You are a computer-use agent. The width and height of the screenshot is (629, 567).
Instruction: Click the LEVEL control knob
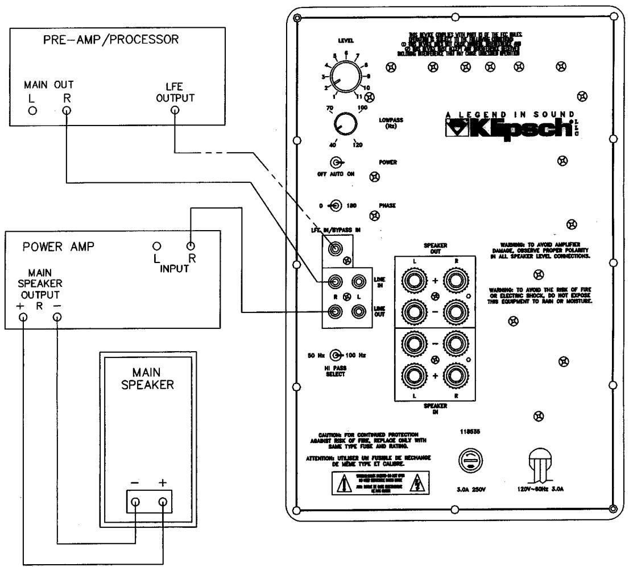(345, 80)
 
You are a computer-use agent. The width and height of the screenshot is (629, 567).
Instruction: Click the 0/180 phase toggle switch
(336, 205)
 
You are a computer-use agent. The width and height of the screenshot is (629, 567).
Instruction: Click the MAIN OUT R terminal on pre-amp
(67, 110)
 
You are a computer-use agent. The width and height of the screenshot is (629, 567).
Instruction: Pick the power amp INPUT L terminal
(155, 247)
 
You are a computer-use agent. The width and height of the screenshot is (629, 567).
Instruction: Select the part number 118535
(467, 431)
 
